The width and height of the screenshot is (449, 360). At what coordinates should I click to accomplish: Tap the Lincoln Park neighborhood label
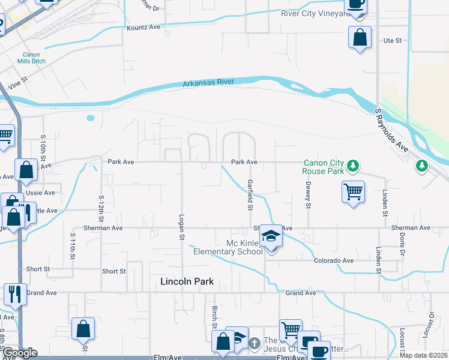[x=187, y=281]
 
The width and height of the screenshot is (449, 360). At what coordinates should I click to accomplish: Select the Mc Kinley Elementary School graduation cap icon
[x=271, y=236]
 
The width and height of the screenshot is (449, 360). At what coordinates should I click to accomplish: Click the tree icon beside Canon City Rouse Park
[x=354, y=164]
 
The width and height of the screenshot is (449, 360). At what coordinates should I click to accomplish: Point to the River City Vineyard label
[x=315, y=13]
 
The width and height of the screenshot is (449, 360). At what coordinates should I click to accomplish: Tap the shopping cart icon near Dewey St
[x=353, y=192]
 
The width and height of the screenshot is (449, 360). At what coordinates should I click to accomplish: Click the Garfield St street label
[x=249, y=194]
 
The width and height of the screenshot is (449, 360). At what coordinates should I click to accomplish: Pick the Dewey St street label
[x=308, y=196]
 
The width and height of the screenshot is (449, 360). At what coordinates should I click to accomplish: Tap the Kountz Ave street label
[x=143, y=28]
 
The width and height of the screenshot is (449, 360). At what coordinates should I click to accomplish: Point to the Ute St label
[x=392, y=41]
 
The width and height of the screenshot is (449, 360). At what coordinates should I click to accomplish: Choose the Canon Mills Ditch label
[x=28, y=58]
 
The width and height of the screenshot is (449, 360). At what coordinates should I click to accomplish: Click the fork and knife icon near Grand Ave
[x=15, y=293]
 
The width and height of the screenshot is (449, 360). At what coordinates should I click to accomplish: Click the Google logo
[x=19, y=353]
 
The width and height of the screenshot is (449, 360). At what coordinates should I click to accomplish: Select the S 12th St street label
[x=101, y=206]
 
